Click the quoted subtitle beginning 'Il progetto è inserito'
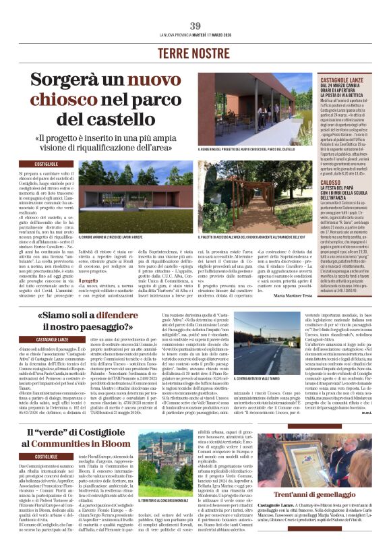point(101,142)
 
